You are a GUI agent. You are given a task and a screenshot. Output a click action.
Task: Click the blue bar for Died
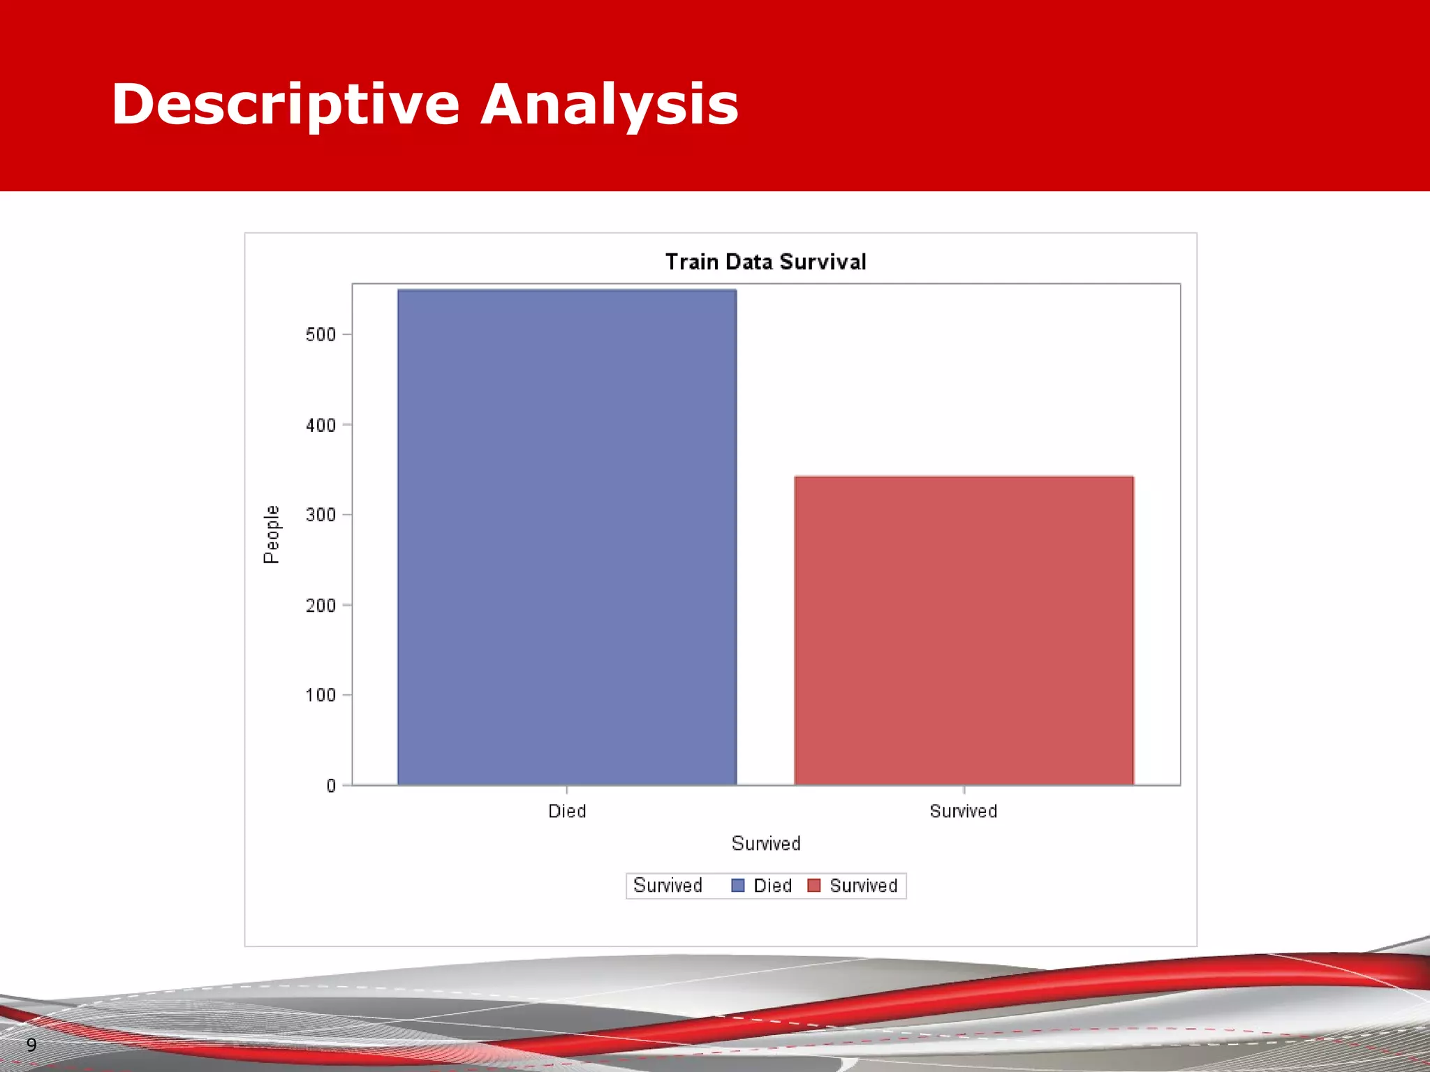coord(567,537)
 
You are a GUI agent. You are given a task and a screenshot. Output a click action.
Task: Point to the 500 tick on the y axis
coord(320,335)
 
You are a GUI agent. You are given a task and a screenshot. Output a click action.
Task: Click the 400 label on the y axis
coord(320,425)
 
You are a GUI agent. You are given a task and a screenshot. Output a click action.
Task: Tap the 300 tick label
coord(320,515)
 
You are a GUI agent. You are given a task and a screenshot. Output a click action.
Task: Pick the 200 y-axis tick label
coord(320,605)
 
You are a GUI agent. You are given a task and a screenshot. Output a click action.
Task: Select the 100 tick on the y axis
coord(320,695)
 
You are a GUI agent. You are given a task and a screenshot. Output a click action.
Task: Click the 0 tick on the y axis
coord(331,786)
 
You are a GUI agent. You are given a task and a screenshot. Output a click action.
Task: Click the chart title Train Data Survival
coord(765,262)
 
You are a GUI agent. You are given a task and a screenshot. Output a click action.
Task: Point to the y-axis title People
coord(271,535)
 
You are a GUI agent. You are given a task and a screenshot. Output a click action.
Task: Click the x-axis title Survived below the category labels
coord(765,844)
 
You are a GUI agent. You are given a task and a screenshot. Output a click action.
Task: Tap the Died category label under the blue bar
coord(567,811)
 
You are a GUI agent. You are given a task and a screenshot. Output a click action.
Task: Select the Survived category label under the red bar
coord(963,811)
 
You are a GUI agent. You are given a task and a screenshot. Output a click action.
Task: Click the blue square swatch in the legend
coord(737,886)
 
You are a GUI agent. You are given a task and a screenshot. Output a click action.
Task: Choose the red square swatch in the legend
coord(813,886)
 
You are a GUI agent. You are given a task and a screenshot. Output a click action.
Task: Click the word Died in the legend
coord(772,886)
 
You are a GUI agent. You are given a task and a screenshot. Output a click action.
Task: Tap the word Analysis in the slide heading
coord(609,105)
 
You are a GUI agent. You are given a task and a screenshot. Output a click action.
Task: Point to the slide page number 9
coord(31,1045)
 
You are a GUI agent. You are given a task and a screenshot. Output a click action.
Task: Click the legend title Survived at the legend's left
coord(667,886)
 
